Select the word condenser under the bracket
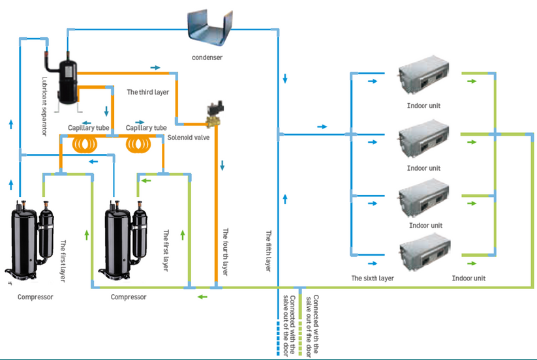207,57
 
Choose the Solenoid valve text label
189,137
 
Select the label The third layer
148,93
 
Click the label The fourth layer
224,251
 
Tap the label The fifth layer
268,251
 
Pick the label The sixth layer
373,278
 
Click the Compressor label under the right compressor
129,297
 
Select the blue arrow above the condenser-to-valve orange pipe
155,67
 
